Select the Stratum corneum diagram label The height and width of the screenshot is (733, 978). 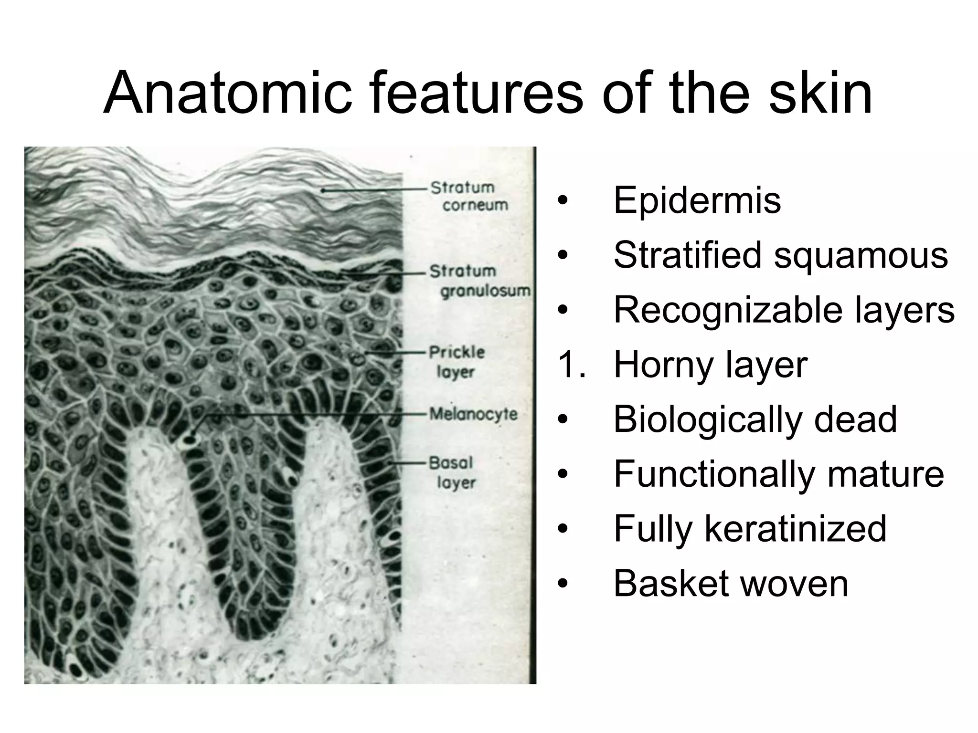coord(469,196)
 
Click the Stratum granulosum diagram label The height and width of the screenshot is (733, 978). coord(479,281)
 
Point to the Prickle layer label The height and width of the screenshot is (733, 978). coord(457,362)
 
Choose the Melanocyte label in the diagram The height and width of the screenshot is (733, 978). coord(473,414)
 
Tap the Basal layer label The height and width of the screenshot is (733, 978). coord(452,472)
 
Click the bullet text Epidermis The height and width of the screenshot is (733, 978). coord(697,200)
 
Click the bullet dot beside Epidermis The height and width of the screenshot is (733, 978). coord(563,201)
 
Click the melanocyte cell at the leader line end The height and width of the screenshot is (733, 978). coord(191,438)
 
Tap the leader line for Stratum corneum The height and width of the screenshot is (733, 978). coord(372,189)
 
